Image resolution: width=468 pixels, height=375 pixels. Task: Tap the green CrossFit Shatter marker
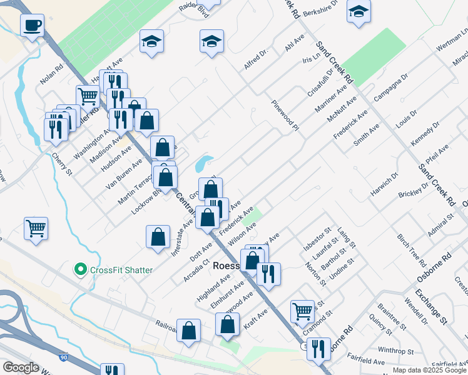point(80,270)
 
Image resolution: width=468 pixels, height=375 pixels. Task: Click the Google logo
point(21,367)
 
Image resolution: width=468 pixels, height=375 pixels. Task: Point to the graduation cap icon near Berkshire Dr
point(359,12)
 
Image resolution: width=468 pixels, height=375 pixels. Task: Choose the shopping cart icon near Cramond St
point(302,311)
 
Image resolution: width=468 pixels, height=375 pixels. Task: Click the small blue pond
point(203,164)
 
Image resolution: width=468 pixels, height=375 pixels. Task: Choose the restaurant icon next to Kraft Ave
point(268,274)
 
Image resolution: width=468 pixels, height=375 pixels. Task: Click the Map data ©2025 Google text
point(429,369)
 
